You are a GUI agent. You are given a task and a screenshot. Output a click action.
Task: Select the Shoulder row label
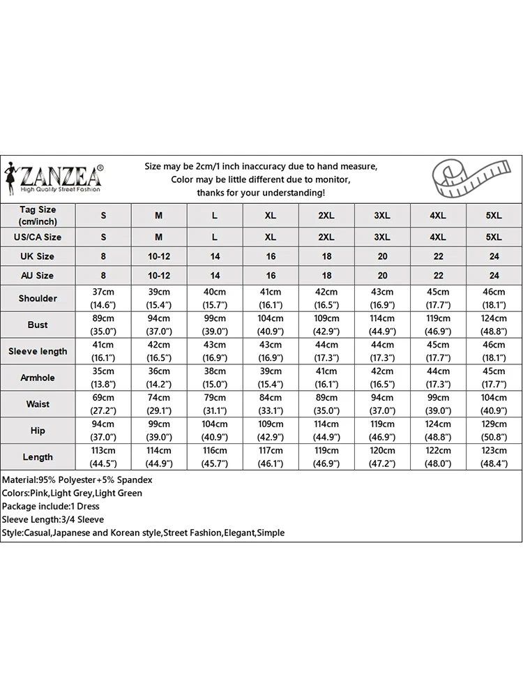coord(38,298)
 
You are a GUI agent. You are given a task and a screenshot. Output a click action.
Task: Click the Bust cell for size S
coord(103,325)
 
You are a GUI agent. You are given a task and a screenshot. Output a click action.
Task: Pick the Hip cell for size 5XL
coord(494,431)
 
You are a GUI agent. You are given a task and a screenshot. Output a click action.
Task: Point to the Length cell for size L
coord(215,457)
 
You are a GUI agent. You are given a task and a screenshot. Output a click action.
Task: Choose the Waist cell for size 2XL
coord(326,404)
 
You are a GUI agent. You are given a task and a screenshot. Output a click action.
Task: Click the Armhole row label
coord(38,378)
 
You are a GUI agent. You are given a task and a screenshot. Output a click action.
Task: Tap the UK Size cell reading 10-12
coord(159,256)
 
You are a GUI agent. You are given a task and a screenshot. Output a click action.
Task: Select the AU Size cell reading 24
coord(494,276)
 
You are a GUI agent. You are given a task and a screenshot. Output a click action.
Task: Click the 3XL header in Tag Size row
coord(382,216)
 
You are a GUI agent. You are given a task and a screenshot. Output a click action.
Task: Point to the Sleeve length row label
coord(38,351)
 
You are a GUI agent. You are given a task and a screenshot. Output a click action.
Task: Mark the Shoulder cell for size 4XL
coord(438,298)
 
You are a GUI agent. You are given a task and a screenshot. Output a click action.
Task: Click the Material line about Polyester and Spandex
coord(77,480)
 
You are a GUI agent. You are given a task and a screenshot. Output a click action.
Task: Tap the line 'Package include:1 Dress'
coord(51,506)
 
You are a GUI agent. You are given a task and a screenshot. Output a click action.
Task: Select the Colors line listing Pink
coord(73,493)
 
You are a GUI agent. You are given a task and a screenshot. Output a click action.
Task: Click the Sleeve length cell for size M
coord(159,351)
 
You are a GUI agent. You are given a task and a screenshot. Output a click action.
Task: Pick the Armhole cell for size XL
coord(271,378)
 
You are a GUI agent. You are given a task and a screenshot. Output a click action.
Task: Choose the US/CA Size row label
coord(38,237)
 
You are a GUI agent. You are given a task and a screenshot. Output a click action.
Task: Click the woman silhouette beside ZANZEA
coord(11,179)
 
